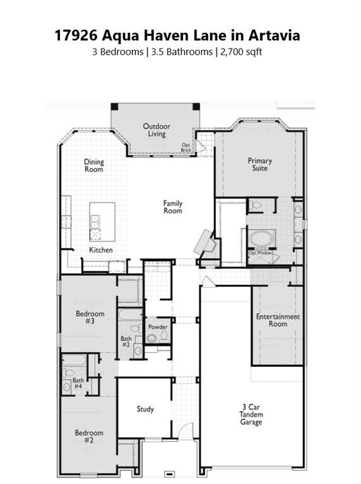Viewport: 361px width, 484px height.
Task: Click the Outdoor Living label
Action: (x=157, y=130)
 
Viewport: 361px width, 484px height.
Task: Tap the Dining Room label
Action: (x=94, y=166)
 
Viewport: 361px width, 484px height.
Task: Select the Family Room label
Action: (x=173, y=207)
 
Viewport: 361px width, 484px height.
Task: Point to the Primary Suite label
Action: (x=259, y=164)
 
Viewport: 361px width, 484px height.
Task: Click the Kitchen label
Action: (x=101, y=250)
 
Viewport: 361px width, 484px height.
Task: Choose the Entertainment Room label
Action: (x=278, y=320)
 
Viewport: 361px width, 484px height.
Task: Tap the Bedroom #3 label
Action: (x=90, y=317)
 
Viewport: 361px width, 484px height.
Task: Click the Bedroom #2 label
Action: (x=89, y=437)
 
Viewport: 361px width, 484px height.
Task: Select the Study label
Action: (x=145, y=409)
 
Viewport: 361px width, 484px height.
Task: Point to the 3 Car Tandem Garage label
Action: (x=251, y=414)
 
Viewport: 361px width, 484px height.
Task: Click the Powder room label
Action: (x=158, y=326)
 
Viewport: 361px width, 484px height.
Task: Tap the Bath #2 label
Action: (x=126, y=342)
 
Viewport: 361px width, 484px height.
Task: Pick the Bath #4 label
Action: (x=78, y=383)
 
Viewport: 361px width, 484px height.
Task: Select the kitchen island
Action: (x=102, y=221)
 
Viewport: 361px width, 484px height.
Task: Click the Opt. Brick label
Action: (x=186, y=147)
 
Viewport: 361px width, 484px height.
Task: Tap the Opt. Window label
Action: (x=260, y=253)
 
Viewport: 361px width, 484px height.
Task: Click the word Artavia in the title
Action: (x=271, y=35)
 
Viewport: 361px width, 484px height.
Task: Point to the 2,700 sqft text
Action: (x=240, y=52)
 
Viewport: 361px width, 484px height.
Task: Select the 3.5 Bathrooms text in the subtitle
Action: (x=181, y=52)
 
